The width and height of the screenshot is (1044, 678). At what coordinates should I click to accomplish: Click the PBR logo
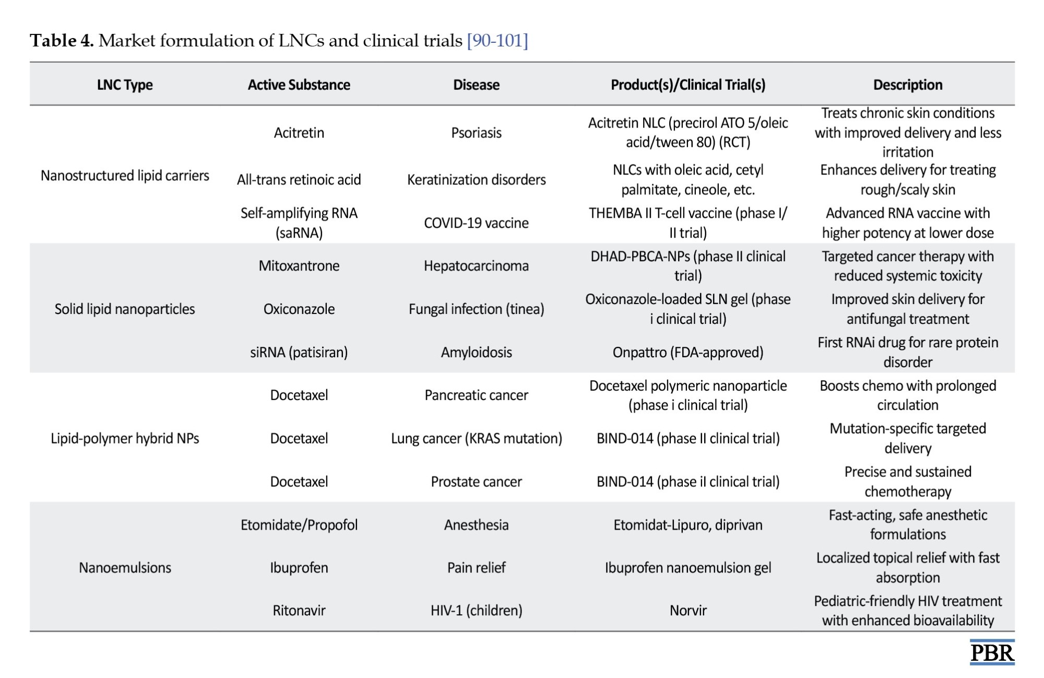992,652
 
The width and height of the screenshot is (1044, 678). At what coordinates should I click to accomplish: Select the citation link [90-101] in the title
497,40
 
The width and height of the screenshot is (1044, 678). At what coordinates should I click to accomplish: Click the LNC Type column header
125,85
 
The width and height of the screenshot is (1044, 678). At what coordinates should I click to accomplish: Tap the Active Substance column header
299,85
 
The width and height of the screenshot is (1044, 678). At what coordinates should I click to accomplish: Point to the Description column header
908,85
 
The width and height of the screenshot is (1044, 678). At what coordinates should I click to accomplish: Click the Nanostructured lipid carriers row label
125,176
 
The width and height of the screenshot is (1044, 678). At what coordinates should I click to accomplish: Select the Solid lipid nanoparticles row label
125,309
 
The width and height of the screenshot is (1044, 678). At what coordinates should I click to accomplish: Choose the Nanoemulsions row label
125,568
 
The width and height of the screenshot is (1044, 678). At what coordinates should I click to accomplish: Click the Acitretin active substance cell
299,133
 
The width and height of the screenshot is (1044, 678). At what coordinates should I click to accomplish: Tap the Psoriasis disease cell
477,133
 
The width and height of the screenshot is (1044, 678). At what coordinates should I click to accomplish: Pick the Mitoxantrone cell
299,266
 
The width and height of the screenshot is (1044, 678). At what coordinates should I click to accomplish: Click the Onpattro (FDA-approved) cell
688,353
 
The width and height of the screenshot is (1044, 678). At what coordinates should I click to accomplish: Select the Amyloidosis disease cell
477,353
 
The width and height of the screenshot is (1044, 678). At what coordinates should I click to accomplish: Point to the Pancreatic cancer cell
477,395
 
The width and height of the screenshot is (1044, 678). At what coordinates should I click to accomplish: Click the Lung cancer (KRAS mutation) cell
477,439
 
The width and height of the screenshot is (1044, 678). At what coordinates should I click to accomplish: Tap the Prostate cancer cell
477,482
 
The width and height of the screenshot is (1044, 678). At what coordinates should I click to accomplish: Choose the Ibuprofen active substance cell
299,568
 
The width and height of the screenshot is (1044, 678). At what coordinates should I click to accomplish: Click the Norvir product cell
688,611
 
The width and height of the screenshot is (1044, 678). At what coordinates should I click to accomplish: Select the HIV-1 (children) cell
477,611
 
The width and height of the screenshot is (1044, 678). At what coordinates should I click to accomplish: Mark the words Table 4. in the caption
62,40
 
